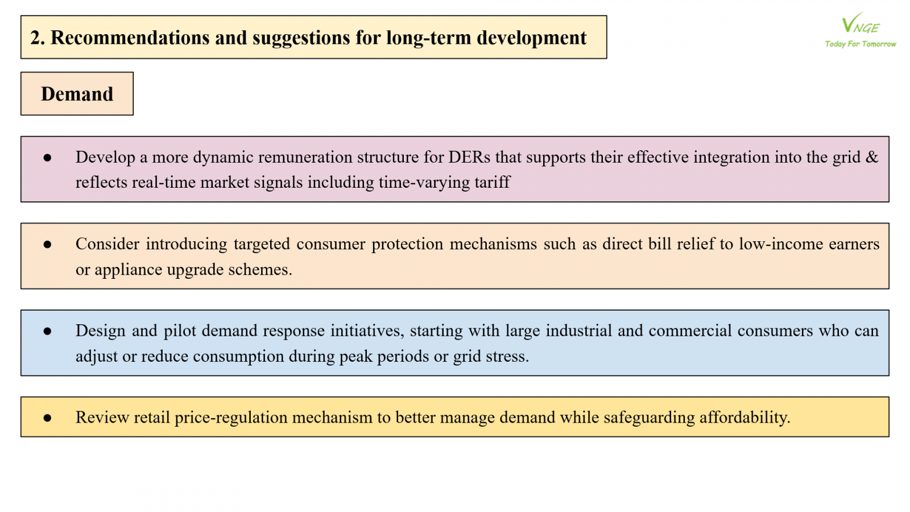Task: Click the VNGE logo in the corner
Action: click(x=861, y=23)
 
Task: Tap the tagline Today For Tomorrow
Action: click(x=861, y=44)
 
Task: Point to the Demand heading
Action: click(x=77, y=94)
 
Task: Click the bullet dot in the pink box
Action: click(x=47, y=158)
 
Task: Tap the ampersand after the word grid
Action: click(x=872, y=157)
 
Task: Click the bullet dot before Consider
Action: click(x=47, y=244)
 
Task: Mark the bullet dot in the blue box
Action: click(x=47, y=331)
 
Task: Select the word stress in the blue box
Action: click(x=510, y=356)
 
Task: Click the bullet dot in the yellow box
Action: click(x=47, y=418)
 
